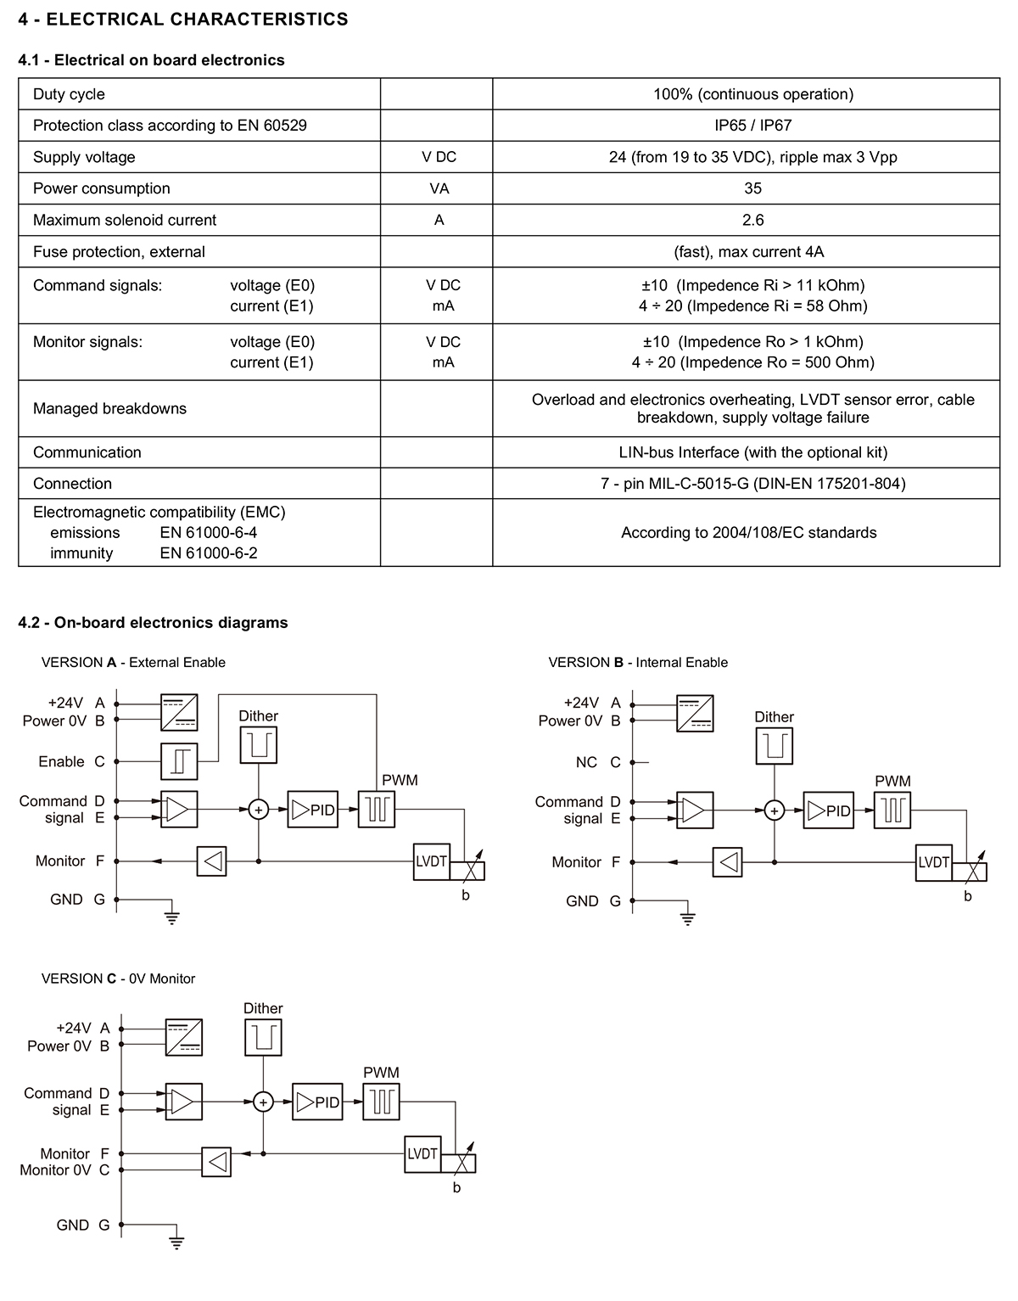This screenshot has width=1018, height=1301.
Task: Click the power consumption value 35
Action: tap(752, 188)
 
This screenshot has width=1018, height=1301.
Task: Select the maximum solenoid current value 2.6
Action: tap(752, 221)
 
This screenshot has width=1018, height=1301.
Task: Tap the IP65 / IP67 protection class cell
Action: tap(752, 125)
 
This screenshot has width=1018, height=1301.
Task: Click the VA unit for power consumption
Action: tap(439, 188)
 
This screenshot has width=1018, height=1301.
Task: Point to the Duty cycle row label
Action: tap(69, 94)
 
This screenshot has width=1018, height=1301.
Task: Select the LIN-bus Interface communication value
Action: tap(752, 452)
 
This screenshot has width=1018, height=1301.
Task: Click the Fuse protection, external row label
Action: tap(119, 252)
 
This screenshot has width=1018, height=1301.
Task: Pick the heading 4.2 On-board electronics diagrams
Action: tap(153, 623)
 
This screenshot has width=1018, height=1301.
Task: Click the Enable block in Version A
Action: tap(179, 761)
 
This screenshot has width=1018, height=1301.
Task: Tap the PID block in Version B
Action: tap(828, 810)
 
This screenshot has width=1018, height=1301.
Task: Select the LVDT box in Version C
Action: tap(422, 1154)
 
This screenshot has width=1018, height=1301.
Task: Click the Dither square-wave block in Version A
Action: tap(259, 745)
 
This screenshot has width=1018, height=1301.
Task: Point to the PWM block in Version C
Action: tap(381, 1102)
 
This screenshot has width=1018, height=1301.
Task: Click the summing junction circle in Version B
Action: tap(775, 810)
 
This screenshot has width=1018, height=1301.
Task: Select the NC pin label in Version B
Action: tap(586, 762)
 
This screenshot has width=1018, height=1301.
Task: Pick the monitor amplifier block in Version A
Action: tap(212, 861)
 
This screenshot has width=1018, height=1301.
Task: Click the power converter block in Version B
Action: tap(695, 713)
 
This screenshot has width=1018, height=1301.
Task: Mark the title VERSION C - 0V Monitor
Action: tap(118, 979)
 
